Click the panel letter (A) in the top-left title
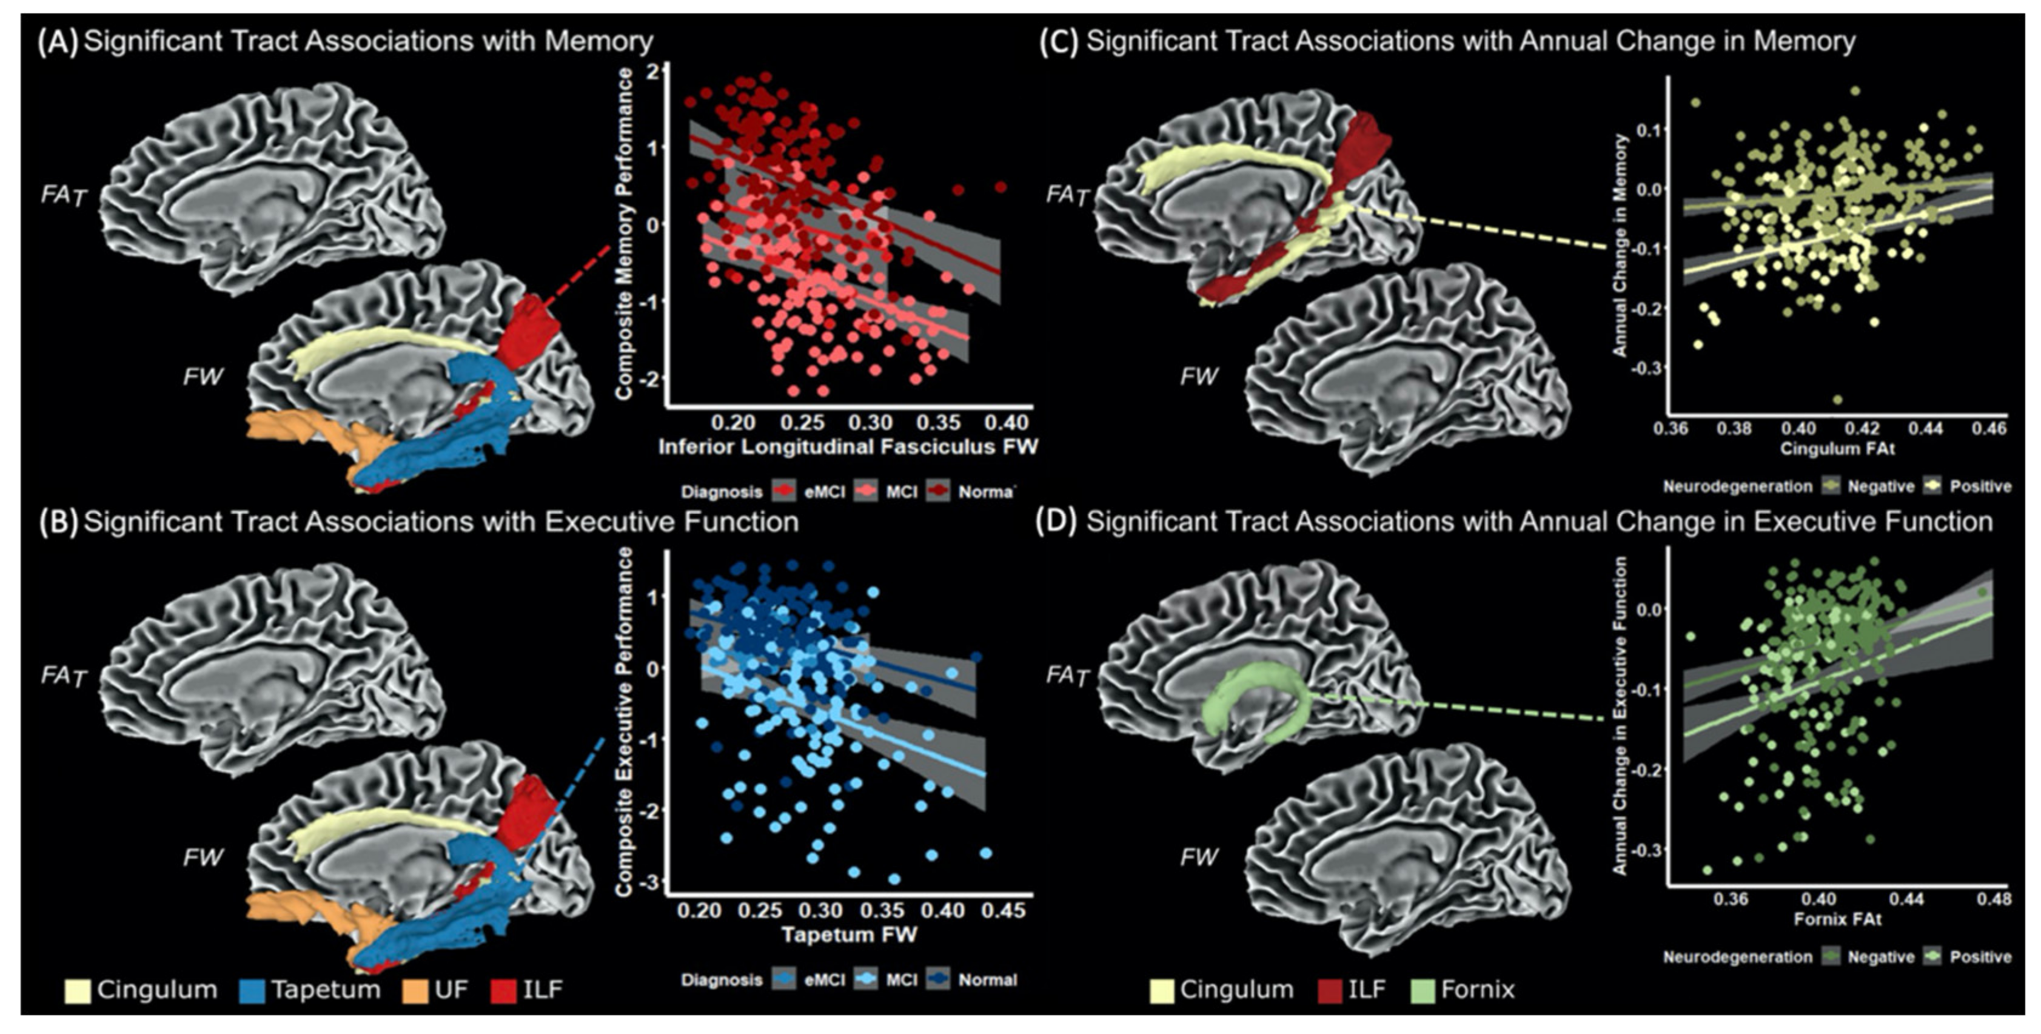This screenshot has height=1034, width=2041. (57, 42)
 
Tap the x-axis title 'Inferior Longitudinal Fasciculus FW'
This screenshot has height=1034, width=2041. (847, 448)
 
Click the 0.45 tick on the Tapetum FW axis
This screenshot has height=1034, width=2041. (1003, 910)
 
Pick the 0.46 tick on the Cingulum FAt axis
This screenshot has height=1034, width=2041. (1989, 429)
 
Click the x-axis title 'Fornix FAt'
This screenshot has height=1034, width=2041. (1837, 919)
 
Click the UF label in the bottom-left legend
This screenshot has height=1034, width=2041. (451, 990)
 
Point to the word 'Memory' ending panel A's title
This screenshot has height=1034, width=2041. (598, 41)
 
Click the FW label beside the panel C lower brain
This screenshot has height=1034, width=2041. (1198, 377)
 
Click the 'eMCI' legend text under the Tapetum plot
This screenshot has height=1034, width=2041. (824, 980)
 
